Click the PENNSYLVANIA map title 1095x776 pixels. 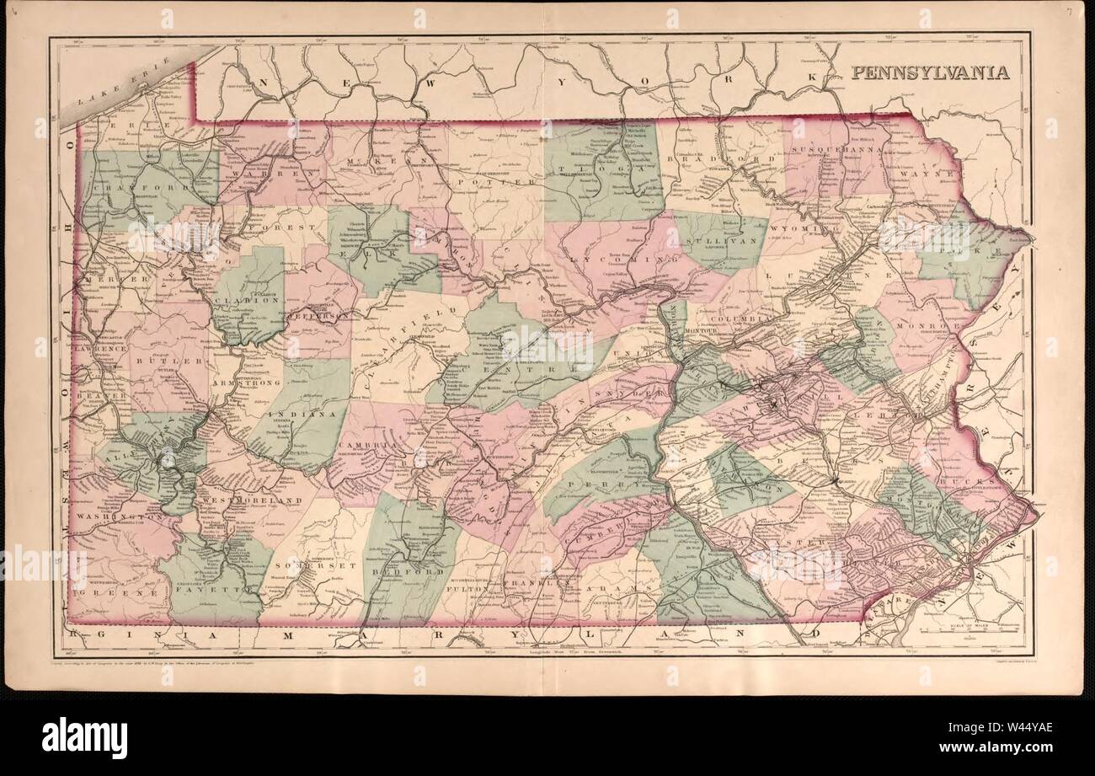929,72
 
